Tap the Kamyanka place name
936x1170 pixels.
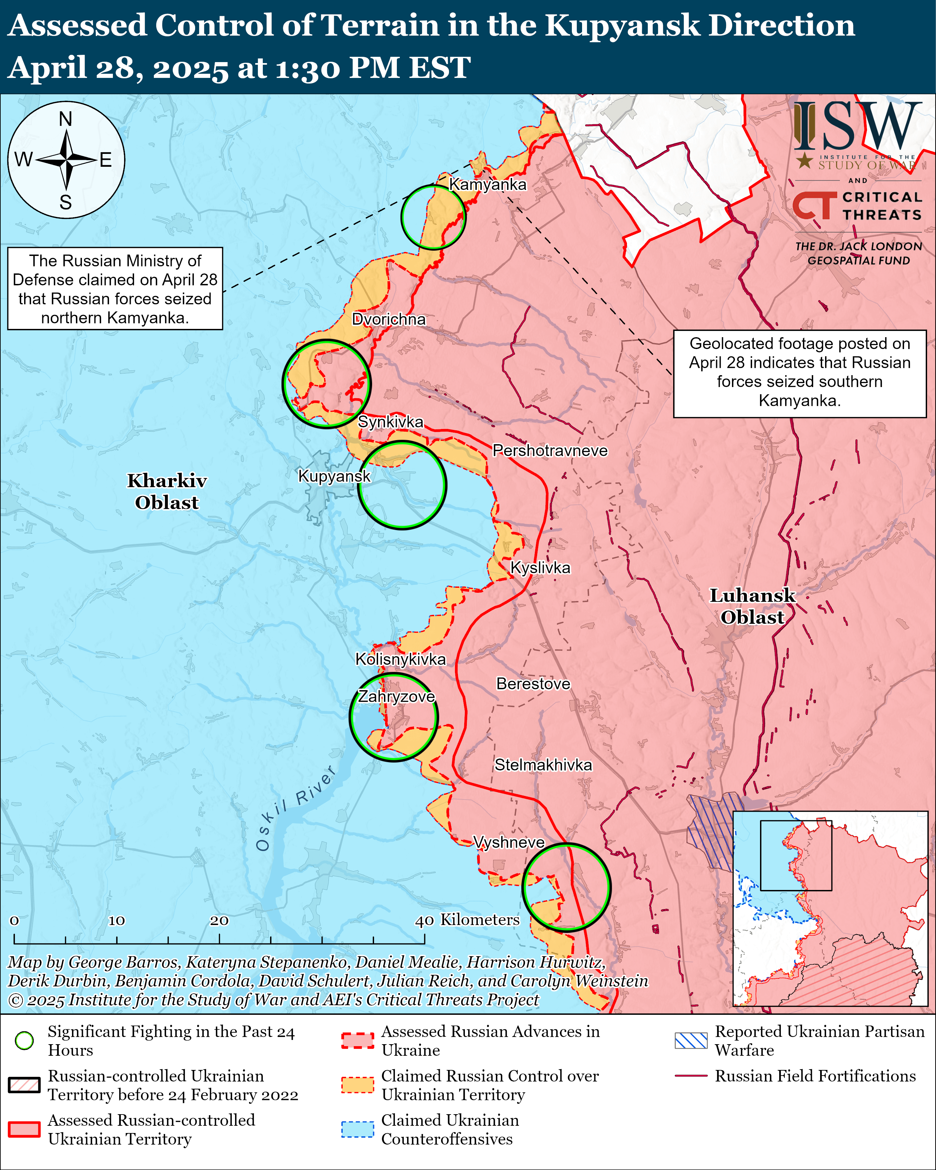tap(488, 185)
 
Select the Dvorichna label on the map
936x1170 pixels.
tap(389, 319)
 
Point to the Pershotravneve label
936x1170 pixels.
tap(550, 450)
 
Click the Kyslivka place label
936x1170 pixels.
tap(540, 568)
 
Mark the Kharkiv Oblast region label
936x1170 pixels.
tap(167, 491)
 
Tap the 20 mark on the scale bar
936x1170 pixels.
tap(219, 920)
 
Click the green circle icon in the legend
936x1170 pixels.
tap(24, 1040)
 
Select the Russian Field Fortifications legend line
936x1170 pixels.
tap(691, 1076)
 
